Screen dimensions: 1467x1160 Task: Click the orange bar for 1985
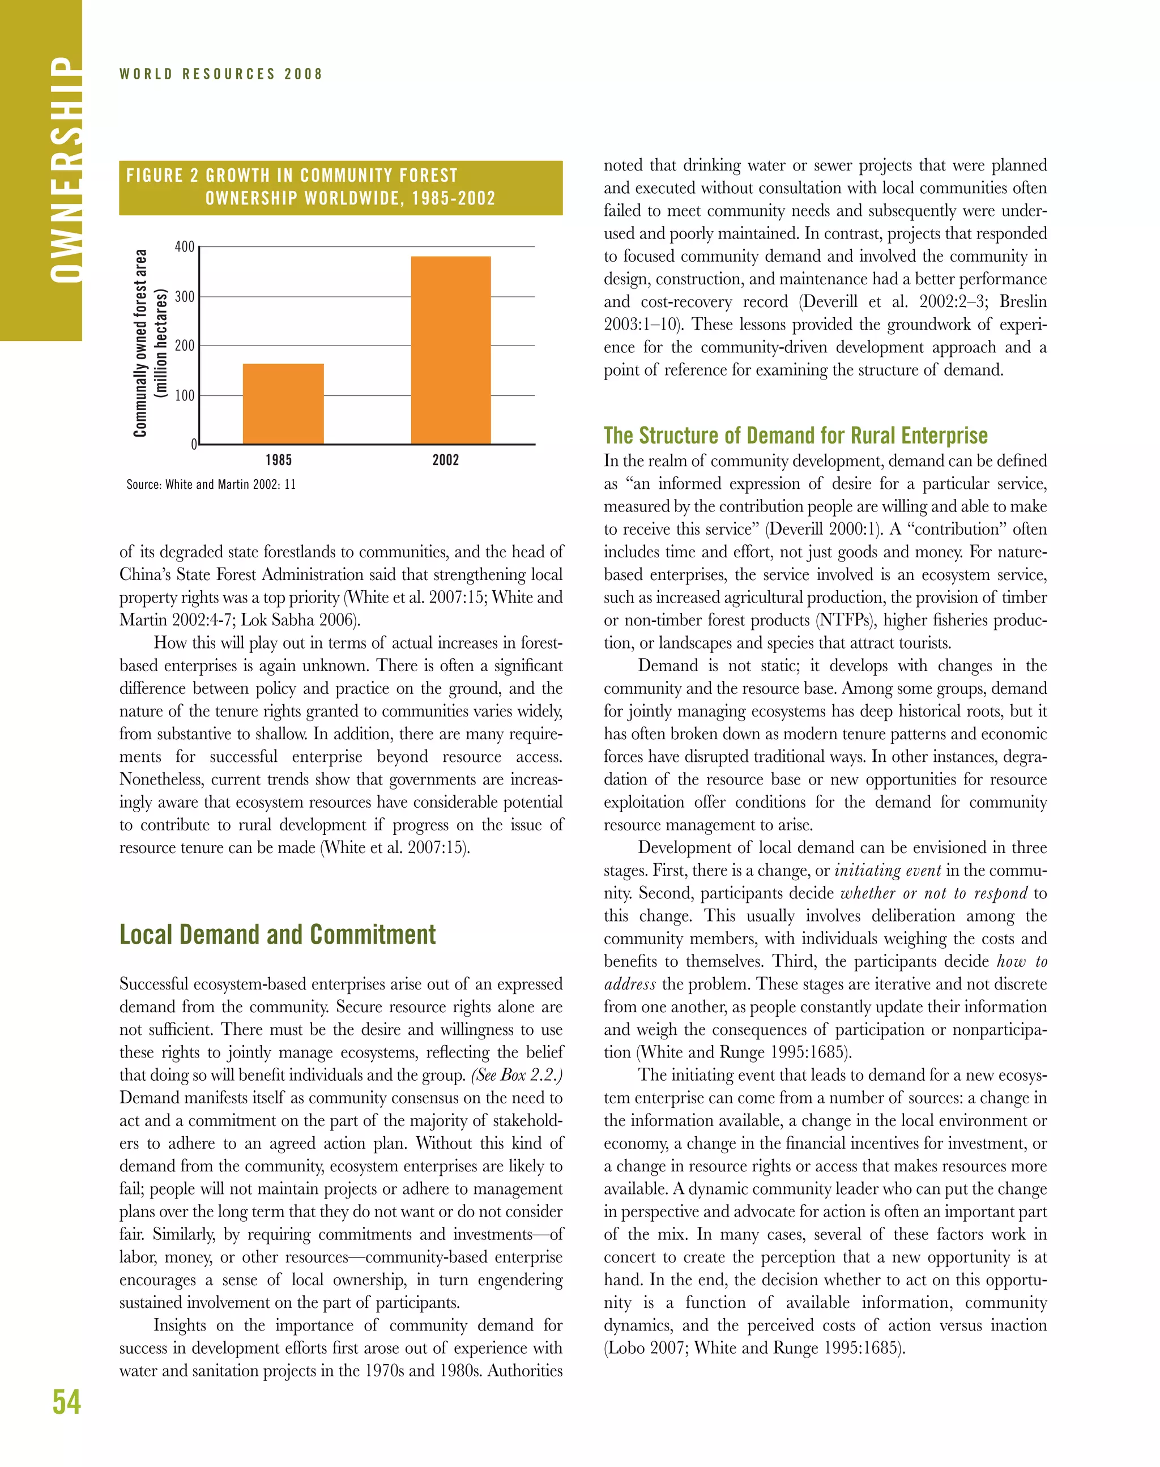click(x=283, y=403)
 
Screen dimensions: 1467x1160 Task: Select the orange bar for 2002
click(x=451, y=350)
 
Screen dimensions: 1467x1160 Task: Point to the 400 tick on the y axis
click(x=185, y=246)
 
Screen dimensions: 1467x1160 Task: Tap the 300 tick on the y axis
click(x=185, y=297)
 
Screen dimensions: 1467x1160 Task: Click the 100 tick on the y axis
click(x=185, y=395)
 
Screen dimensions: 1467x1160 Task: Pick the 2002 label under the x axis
click(x=446, y=460)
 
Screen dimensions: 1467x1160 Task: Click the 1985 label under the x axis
click(x=279, y=460)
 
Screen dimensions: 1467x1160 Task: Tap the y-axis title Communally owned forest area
click(x=140, y=343)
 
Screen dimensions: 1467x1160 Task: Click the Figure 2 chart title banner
click(x=340, y=187)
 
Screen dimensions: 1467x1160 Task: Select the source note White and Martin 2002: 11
click(x=211, y=484)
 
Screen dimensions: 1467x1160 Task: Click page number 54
click(x=67, y=1402)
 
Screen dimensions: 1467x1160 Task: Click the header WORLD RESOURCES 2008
click(x=221, y=74)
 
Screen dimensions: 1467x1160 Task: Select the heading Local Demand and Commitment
click(x=277, y=935)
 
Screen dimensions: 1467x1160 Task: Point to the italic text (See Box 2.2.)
click(x=516, y=1075)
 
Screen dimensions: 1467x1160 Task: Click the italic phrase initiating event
click(x=887, y=870)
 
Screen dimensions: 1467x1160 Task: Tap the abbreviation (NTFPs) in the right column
click(x=845, y=620)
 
